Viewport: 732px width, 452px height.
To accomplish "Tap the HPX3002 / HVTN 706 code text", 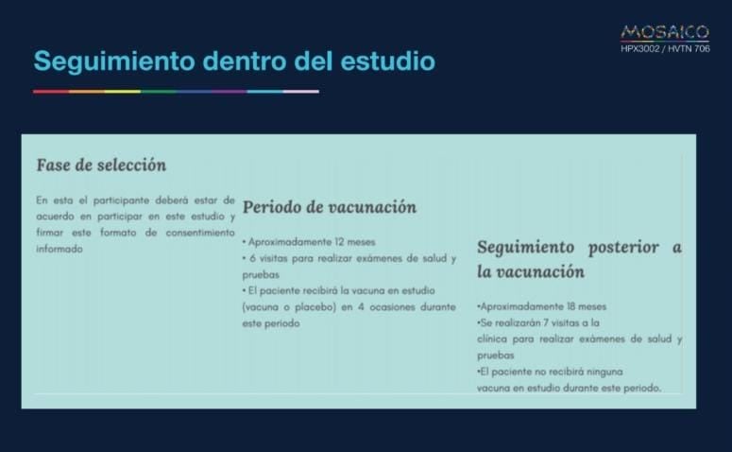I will point(665,48).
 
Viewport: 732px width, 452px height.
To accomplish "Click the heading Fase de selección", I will point(101,165).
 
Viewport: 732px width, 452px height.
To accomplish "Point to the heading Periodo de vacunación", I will point(330,207).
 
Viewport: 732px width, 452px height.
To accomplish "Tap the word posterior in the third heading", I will point(619,247).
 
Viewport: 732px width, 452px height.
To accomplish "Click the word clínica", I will point(495,339).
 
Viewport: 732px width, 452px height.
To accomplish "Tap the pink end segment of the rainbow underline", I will point(301,92).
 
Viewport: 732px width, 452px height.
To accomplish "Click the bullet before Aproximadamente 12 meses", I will point(245,242).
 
